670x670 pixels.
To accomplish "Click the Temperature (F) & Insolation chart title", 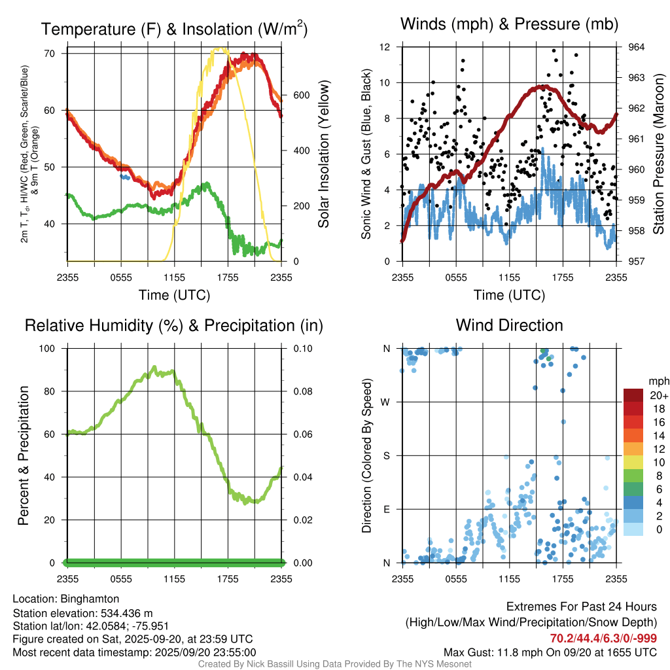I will (174, 29).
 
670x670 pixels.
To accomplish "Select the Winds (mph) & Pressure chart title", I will (510, 25).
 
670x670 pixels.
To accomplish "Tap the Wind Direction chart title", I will (509, 325).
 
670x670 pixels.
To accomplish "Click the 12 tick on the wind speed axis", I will (385, 47).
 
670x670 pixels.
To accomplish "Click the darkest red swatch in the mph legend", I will (634, 395).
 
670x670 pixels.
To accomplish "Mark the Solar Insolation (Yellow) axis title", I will (323, 154).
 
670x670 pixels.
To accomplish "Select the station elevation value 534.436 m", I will (126, 613).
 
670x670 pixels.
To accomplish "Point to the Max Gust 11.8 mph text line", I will (550, 652).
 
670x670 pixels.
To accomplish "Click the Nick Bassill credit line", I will (334, 664).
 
